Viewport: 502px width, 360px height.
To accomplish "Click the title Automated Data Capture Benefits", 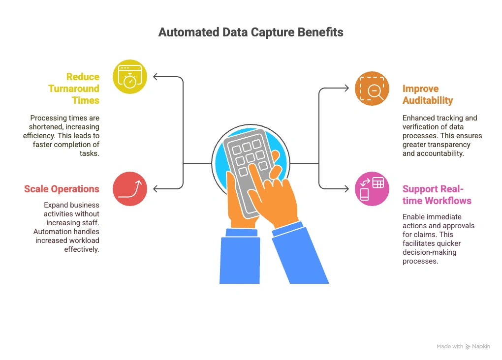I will point(251,32).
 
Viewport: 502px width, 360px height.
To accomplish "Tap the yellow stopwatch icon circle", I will point(130,77).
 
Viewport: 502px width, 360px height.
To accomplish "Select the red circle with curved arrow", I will point(130,189).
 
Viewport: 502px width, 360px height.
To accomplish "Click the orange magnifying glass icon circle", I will point(372,89).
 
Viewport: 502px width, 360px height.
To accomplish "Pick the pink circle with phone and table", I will point(372,189).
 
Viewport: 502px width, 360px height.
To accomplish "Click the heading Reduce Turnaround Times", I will point(74,89).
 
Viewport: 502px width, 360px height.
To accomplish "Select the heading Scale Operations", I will point(62,189).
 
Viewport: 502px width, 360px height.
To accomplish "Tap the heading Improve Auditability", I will point(427,94).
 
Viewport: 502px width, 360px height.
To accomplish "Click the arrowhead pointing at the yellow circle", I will point(156,77).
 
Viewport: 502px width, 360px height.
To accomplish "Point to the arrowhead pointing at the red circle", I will point(156,189).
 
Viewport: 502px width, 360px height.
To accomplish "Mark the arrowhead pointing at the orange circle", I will point(346,89).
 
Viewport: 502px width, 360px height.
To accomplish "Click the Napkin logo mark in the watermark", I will point(468,347).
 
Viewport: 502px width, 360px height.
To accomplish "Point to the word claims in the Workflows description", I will point(427,234).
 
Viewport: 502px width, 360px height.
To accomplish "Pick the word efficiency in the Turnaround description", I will point(39,135).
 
